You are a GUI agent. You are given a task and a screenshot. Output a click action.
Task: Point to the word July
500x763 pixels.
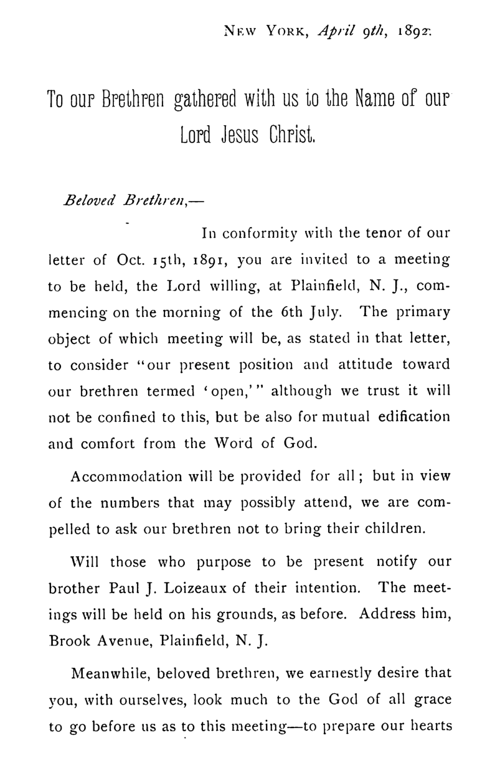[x=326, y=311]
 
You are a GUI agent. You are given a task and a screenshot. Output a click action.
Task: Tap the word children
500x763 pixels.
[x=394, y=530]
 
